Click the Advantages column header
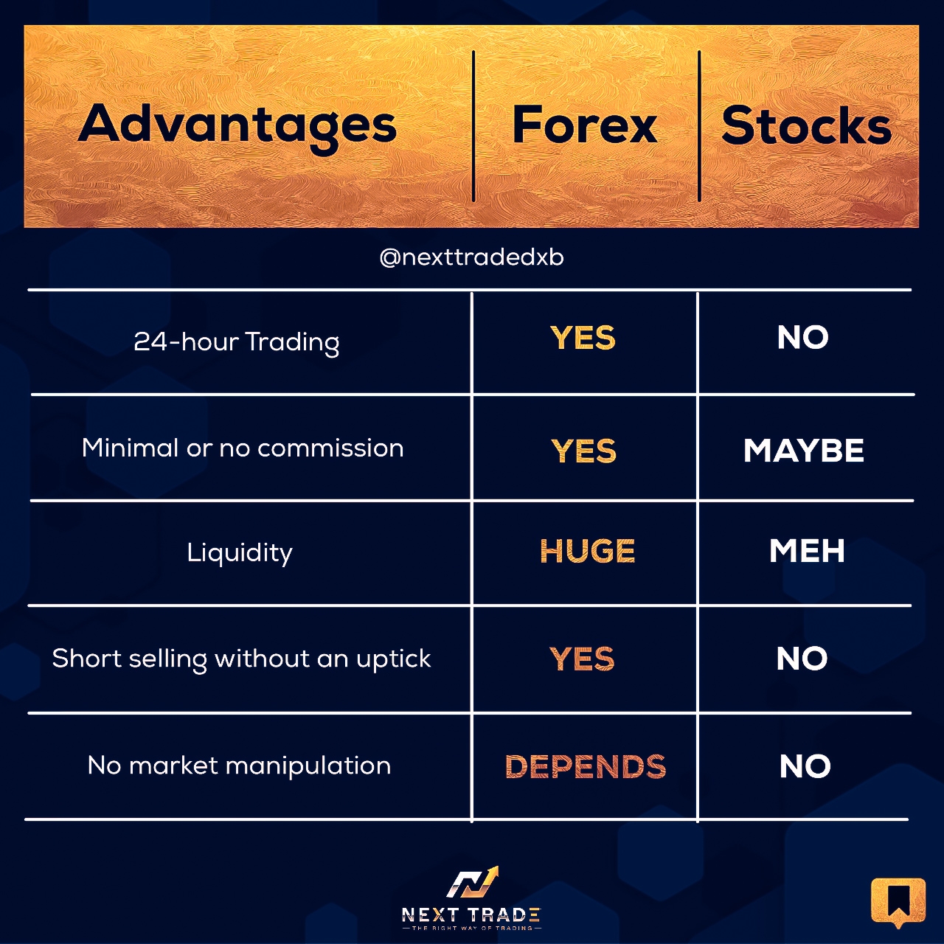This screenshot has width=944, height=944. point(237,126)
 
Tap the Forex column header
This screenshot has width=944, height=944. point(584,125)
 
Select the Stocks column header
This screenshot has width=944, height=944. point(806,125)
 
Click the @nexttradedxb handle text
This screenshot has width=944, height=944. point(472,257)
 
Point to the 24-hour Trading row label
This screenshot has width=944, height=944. point(237,342)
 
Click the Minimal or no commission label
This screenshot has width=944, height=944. point(243,448)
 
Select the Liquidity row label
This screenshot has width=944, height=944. point(240,553)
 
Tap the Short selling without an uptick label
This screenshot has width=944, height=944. point(241,659)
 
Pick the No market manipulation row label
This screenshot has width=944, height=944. point(239,766)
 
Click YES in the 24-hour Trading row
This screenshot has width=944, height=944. point(583,338)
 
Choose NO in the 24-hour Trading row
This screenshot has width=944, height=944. point(803,338)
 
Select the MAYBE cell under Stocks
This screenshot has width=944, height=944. point(804,451)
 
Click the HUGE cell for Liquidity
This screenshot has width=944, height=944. point(587,551)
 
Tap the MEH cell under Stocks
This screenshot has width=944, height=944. point(807,551)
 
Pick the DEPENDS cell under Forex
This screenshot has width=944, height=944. point(586,767)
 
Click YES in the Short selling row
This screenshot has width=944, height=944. point(582,659)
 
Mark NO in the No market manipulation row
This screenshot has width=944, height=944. point(805,767)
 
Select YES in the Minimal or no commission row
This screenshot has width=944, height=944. point(584,451)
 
